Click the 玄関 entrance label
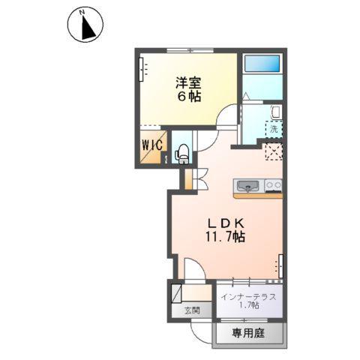pyautogui.click(x=193, y=310)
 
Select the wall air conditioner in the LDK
pyautogui.click(x=281, y=264)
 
